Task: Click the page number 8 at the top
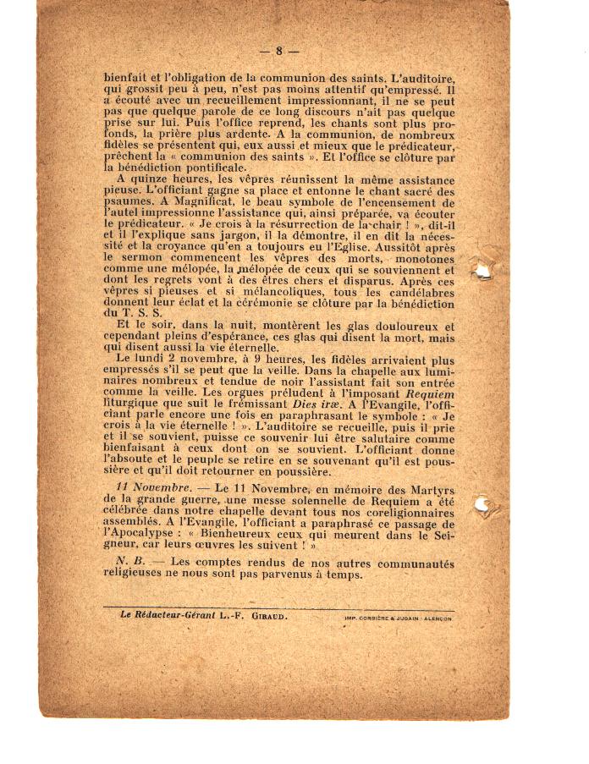[278, 51]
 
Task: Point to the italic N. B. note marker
[129, 563]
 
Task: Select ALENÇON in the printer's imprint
[433, 618]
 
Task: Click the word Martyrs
[427, 491]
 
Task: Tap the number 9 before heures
[254, 360]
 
